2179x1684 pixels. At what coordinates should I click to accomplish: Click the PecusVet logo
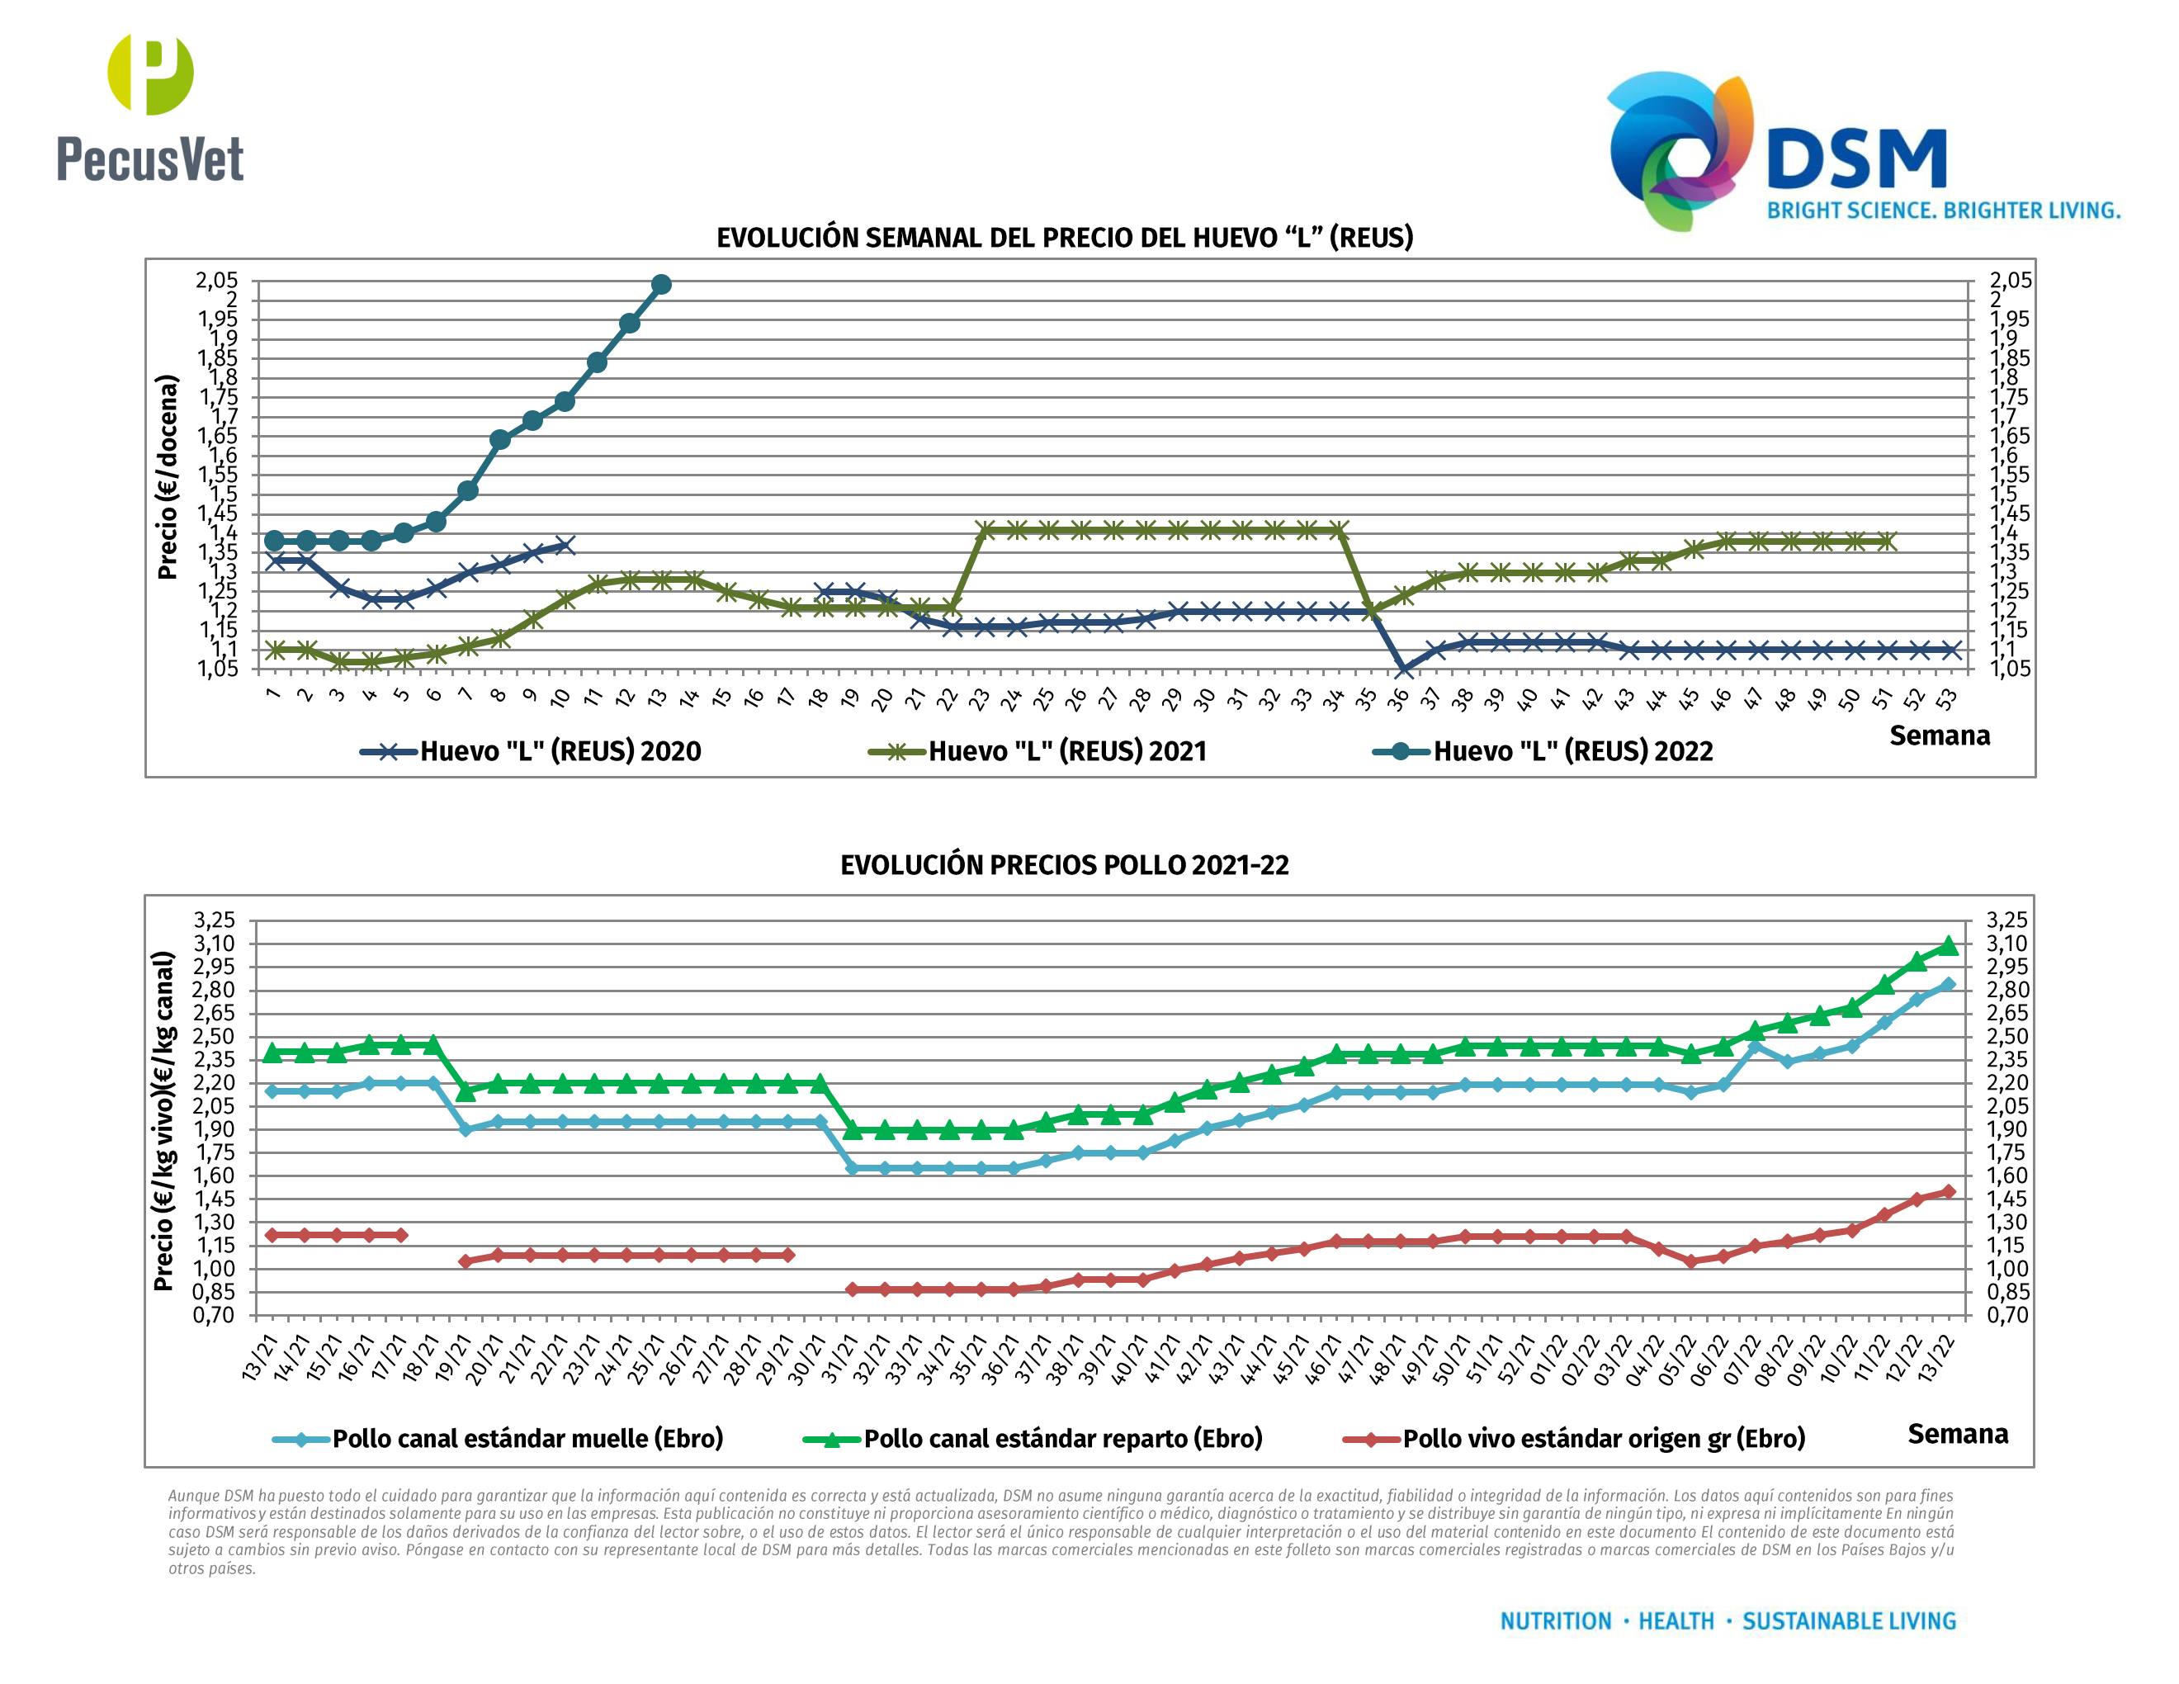click(149, 110)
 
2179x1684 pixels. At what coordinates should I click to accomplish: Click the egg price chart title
click(1065, 238)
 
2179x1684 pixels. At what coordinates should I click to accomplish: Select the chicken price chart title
click(1064, 864)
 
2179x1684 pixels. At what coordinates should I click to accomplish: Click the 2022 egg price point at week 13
click(660, 284)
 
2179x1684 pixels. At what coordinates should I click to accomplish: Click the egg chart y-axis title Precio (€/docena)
click(167, 477)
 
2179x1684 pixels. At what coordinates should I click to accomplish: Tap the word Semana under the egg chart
click(1940, 736)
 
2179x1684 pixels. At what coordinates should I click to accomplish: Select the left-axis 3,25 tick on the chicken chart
click(215, 920)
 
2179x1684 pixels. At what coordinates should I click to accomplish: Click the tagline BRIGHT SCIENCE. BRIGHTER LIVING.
click(1943, 210)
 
